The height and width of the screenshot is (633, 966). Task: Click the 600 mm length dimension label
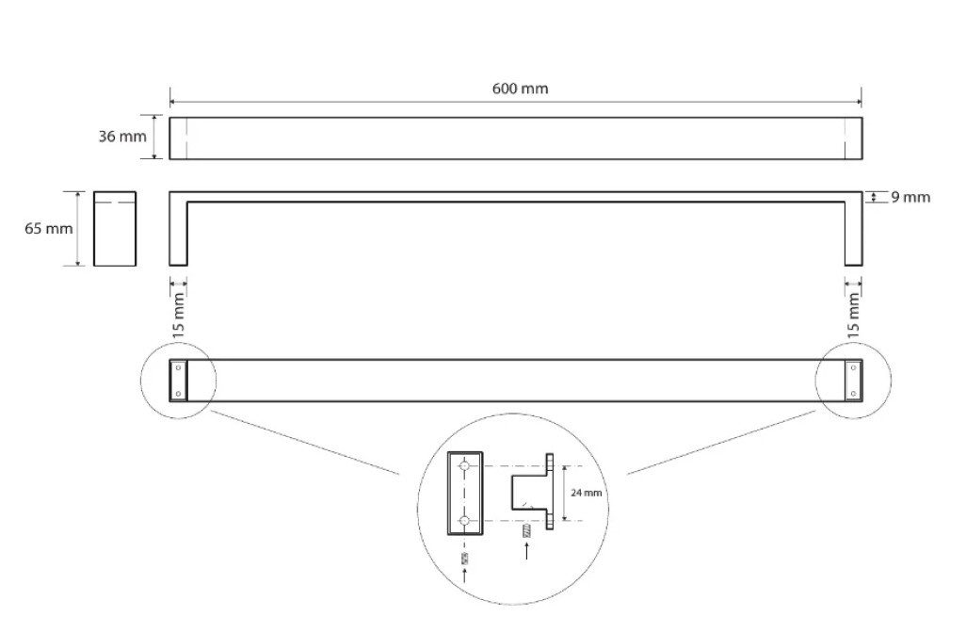pos(520,89)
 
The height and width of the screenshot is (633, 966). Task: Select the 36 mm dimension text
pos(122,137)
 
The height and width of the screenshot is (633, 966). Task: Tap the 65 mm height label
pos(49,229)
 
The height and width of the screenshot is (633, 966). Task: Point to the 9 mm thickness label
pos(910,197)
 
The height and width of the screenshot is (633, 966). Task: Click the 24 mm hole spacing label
pos(586,493)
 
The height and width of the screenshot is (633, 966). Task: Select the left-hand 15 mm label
pos(179,315)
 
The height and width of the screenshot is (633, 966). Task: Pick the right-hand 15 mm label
pos(853,315)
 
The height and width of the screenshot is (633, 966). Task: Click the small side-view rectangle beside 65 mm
pos(115,229)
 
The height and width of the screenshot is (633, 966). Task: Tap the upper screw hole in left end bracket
pos(179,368)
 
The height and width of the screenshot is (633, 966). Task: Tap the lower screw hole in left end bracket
pos(179,393)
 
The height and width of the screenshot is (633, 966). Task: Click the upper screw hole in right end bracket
pos(853,368)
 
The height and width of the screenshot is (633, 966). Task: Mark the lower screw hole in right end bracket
pos(853,393)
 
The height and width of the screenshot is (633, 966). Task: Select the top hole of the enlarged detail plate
pos(465,465)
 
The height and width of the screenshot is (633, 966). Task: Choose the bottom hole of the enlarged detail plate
pos(465,521)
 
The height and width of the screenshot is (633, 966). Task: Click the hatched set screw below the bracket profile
pos(526,531)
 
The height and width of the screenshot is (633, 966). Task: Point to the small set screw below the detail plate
pos(465,559)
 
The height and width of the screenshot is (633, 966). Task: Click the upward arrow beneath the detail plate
pos(465,576)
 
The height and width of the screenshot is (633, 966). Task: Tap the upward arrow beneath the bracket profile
pos(526,550)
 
